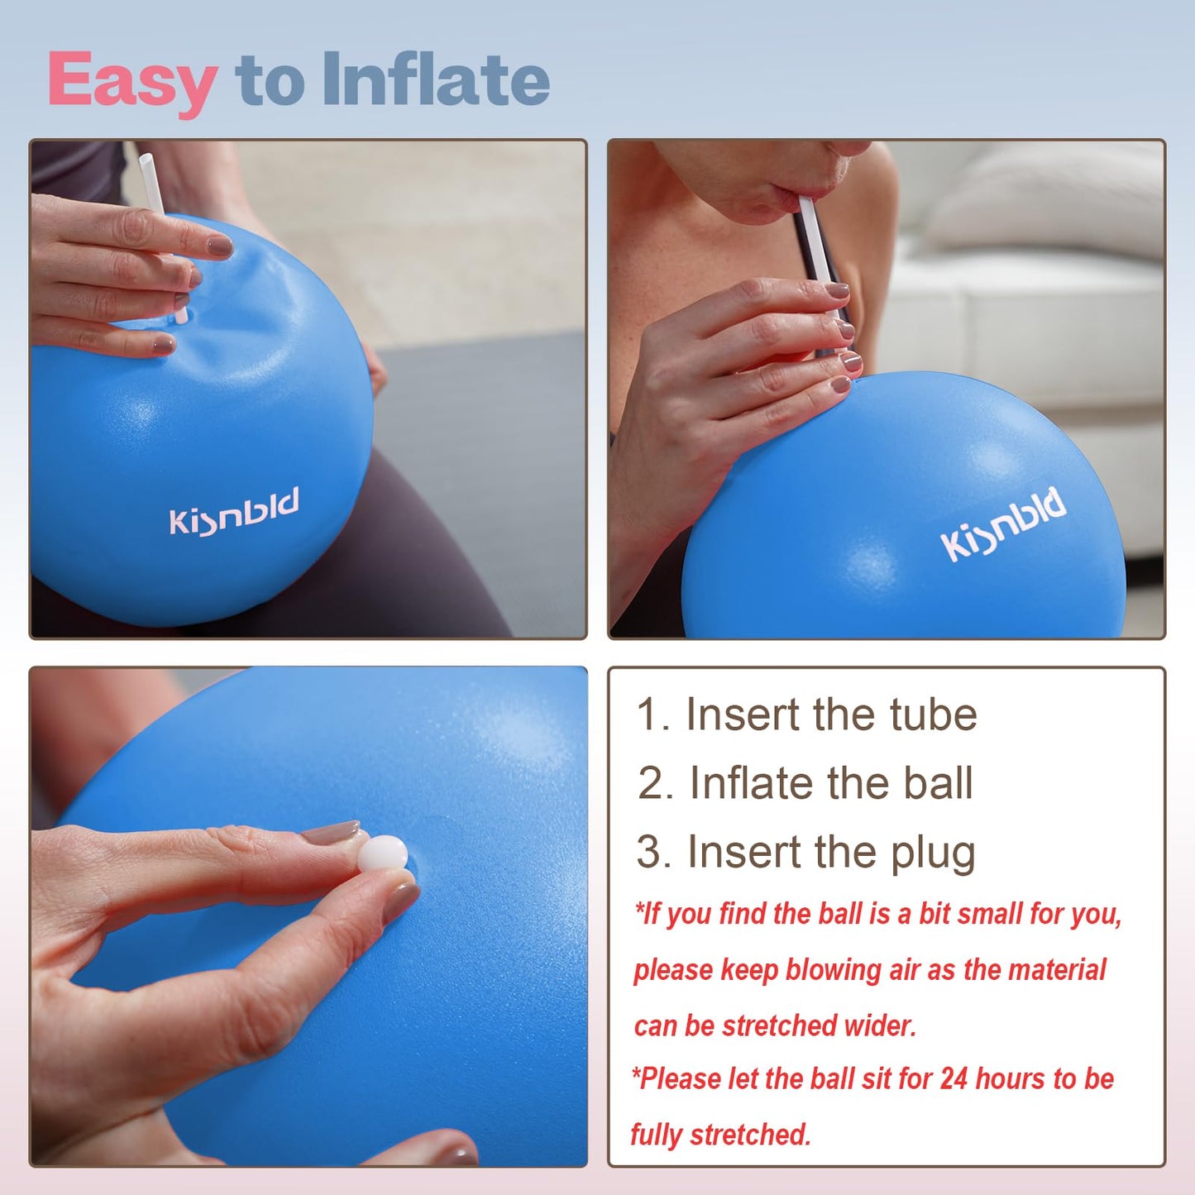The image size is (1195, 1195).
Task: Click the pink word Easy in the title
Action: [x=132, y=81]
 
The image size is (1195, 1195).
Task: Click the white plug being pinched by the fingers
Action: [x=383, y=853]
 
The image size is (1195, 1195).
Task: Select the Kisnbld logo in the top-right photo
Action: [x=1003, y=523]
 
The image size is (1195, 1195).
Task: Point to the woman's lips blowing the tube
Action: [x=799, y=194]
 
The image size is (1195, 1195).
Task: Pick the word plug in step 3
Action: [x=933, y=853]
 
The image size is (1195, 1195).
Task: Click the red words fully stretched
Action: [x=720, y=1135]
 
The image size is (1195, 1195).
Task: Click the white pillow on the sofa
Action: [x=1050, y=198]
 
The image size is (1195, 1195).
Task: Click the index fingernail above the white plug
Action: [x=331, y=832]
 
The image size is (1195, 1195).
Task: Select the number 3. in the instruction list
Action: [x=653, y=853]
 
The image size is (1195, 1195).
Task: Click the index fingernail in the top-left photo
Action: [x=219, y=246]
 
